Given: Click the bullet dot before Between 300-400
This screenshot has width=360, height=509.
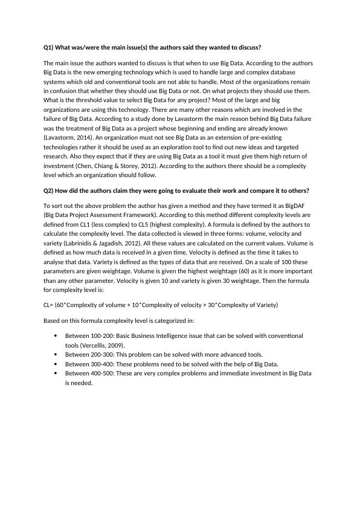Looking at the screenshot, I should pos(56,364).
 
